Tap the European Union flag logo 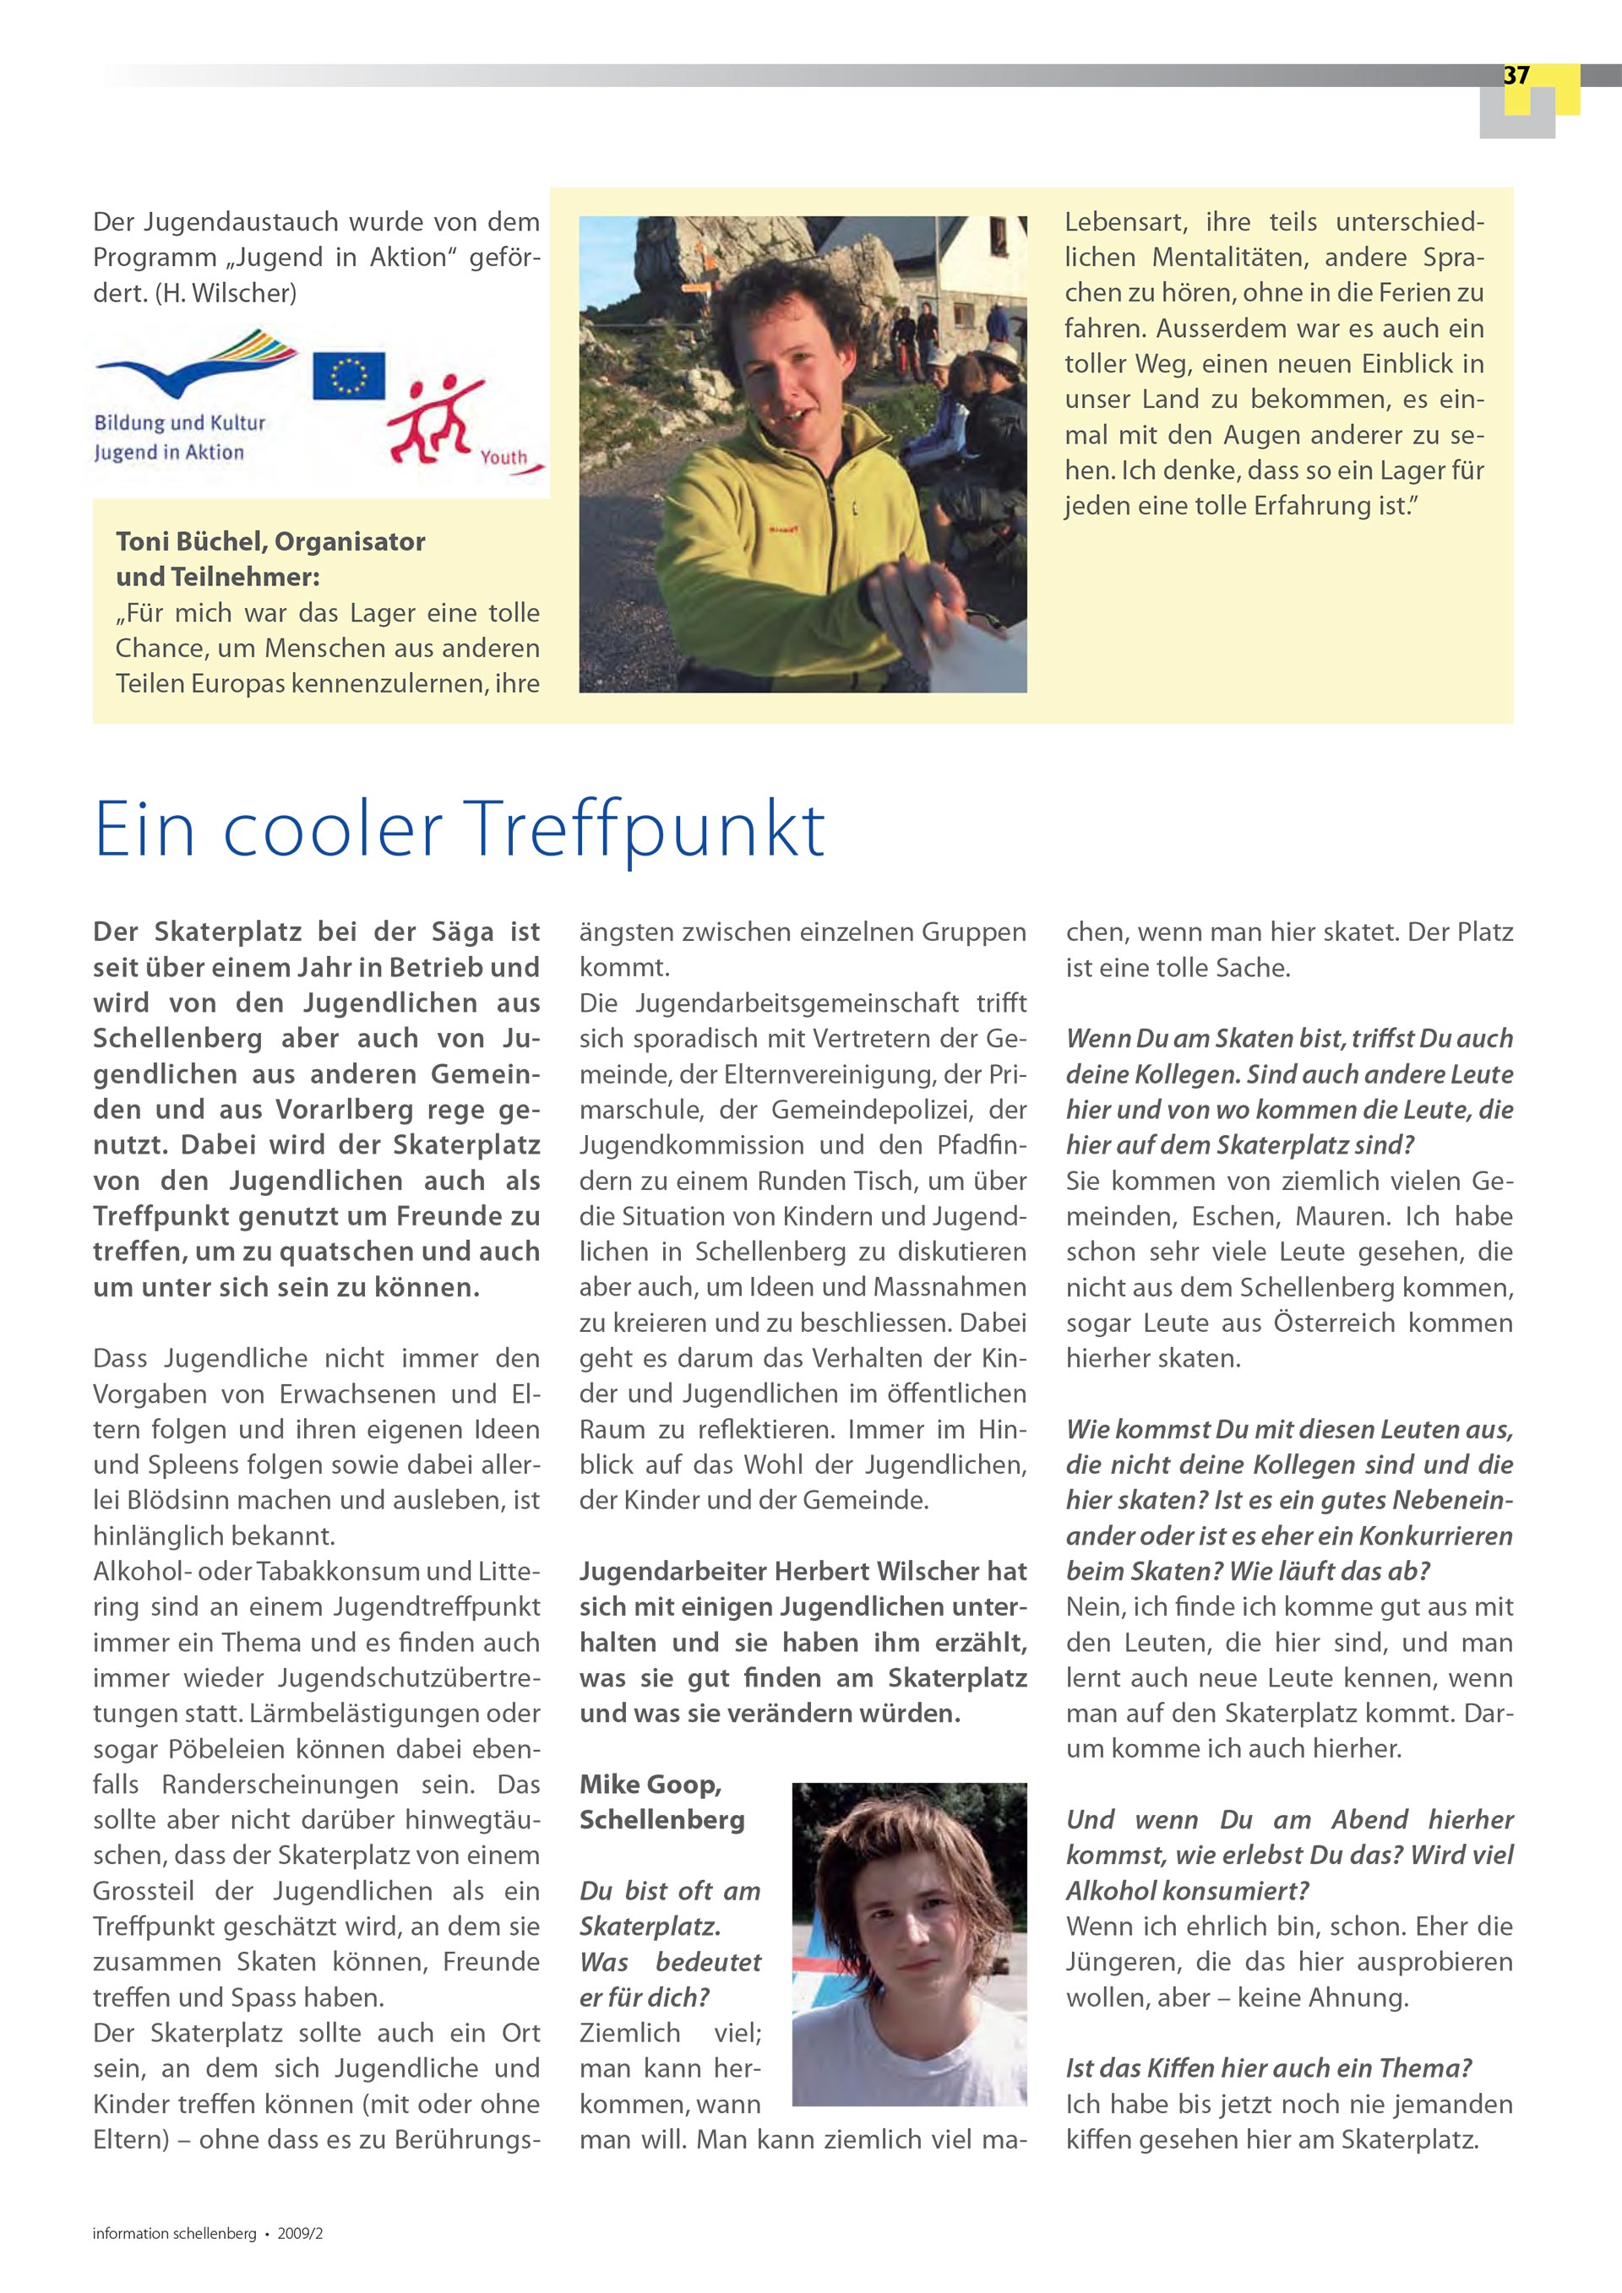pos(349,376)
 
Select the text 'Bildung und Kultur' pos(180,422)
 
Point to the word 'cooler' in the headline pos(333,829)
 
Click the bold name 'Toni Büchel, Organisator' pos(270,541)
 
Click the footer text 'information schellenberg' pos(174,2233)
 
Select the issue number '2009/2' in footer pos(300,2233)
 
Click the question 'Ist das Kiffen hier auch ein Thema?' pos(1268,2068)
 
